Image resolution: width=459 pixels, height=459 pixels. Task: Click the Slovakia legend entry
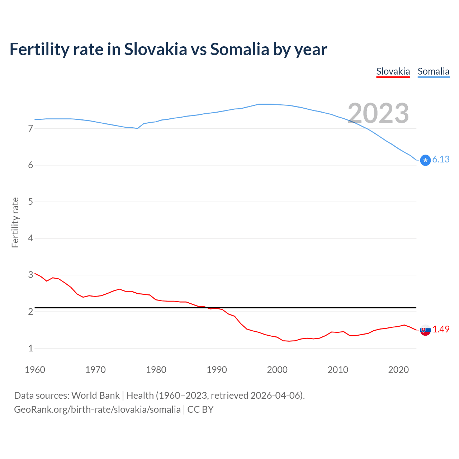pos(393,71)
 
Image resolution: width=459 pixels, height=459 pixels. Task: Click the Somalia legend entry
pos(433,71)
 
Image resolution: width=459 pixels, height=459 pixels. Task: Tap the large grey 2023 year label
pos(378,113)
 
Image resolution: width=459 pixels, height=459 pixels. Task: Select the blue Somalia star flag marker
pos(425,160)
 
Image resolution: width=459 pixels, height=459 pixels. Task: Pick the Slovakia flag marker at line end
pos(425,330)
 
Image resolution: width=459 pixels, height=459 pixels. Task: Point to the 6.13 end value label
pos(441,160)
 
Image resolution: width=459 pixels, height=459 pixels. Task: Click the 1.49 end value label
pos(441,329)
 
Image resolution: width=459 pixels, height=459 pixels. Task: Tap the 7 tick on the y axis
pos(30,128)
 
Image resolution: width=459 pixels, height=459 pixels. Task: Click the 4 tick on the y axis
pos(30,238)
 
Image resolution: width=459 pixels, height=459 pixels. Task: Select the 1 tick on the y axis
pos(30,348)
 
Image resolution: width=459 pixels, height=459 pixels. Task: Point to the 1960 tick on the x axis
pos(35,370)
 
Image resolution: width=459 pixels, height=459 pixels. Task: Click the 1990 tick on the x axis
pos(217,370)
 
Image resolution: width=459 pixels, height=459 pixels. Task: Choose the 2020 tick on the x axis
pos(398,370)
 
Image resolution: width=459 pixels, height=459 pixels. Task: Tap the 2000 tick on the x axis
pos(277,370)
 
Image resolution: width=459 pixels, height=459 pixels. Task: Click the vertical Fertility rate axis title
pos(15,222)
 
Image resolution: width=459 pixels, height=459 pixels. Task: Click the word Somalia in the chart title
pos(239,49)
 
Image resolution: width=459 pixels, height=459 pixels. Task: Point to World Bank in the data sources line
pos(95,396)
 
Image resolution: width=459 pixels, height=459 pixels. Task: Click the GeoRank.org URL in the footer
pos(97,410)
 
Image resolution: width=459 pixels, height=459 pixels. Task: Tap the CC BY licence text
pos(200,410)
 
